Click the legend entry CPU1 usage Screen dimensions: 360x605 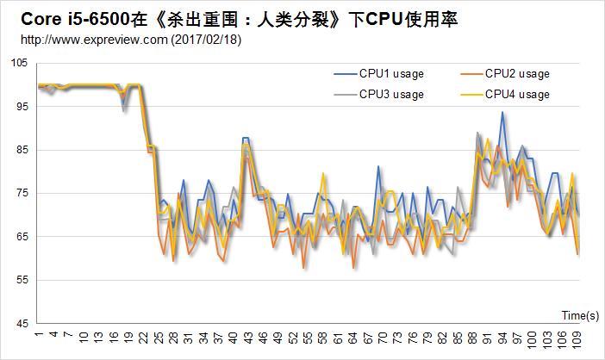(x=391, y=74)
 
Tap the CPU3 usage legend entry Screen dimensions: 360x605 (x=391, y=94)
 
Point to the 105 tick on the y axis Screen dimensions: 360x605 (x=20, y=63)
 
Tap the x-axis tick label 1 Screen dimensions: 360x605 (x=39, y=336)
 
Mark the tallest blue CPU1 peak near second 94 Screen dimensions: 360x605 (x=502, y=112)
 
